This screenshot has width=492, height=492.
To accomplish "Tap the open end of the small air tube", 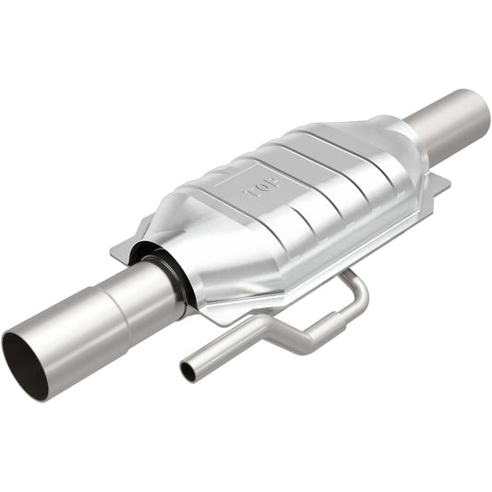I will [188, 371].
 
